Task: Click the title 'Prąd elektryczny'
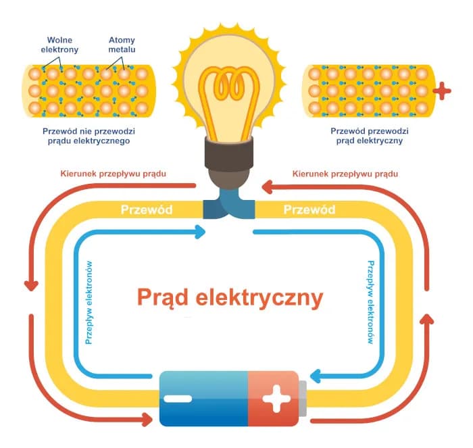tap(230, 297)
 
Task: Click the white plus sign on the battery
tap(276, 399)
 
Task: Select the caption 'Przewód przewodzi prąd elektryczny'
tap(368, 136)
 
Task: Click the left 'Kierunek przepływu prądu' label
tap(113, 173)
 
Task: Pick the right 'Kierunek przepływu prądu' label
tap(345, 173)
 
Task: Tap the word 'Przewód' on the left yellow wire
tap(146, 209)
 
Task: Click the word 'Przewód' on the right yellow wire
tap(309, 209)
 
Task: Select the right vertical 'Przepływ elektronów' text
tap(370, 303)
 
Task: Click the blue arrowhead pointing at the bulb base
tap(200, 232)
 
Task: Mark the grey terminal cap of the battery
tap(302, 399)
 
